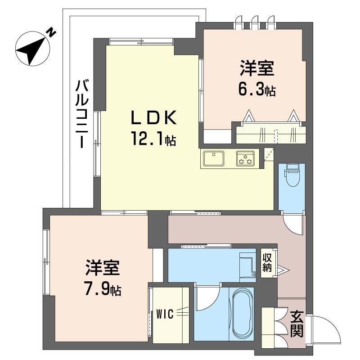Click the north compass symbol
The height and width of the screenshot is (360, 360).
click(32, 49)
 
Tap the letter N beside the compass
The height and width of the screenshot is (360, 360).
click(51, 33)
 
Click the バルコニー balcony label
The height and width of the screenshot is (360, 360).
click(82, 114)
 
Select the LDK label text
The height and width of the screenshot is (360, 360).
click(153, 117)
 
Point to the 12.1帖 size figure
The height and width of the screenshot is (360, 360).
click(153, 139)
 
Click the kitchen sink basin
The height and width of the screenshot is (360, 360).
click(214, 158)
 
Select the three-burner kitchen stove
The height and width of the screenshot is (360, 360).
click(245, 158)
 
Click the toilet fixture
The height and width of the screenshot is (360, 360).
click(292, 175)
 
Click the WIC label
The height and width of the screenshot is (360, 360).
click(165, 314)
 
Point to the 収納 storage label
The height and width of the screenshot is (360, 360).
click(267, 263)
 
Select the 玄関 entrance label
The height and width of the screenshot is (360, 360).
click(297, 324)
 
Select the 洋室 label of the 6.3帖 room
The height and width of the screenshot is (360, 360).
click(257, 68)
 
